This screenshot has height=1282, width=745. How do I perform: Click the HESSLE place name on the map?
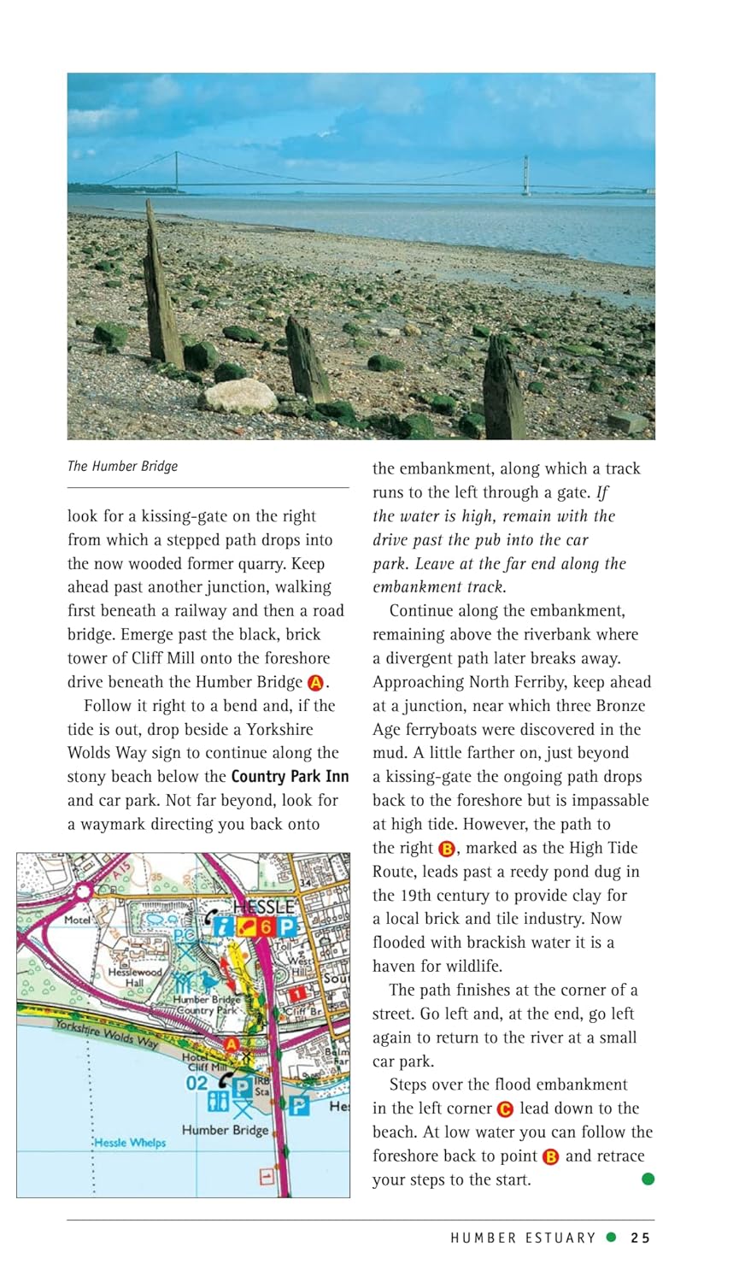tap(264, 907)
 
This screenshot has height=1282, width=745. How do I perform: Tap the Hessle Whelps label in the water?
tap(130, 1143)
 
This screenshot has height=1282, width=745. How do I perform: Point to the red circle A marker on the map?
tap(231, 1044)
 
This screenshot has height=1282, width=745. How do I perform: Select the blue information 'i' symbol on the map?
tap(224, 926)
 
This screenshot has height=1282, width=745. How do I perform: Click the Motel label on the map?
tap(78, 920)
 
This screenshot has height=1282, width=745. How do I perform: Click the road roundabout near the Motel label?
tap(83, 892)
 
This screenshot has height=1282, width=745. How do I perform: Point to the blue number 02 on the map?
tap(197, 1083)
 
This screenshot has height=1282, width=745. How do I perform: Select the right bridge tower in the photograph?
tap(526, 174)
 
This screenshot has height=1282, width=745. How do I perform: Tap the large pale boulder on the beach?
tap(238, 397)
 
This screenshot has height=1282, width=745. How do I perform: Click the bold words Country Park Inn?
tap(290, 777)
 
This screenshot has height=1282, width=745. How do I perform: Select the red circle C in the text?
tap(505, 1109)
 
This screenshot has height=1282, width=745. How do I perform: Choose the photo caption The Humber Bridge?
tap(122, 466)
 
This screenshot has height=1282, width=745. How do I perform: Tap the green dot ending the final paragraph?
tap(648, 1179)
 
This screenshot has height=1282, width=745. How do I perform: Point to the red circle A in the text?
tap(315, 683)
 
